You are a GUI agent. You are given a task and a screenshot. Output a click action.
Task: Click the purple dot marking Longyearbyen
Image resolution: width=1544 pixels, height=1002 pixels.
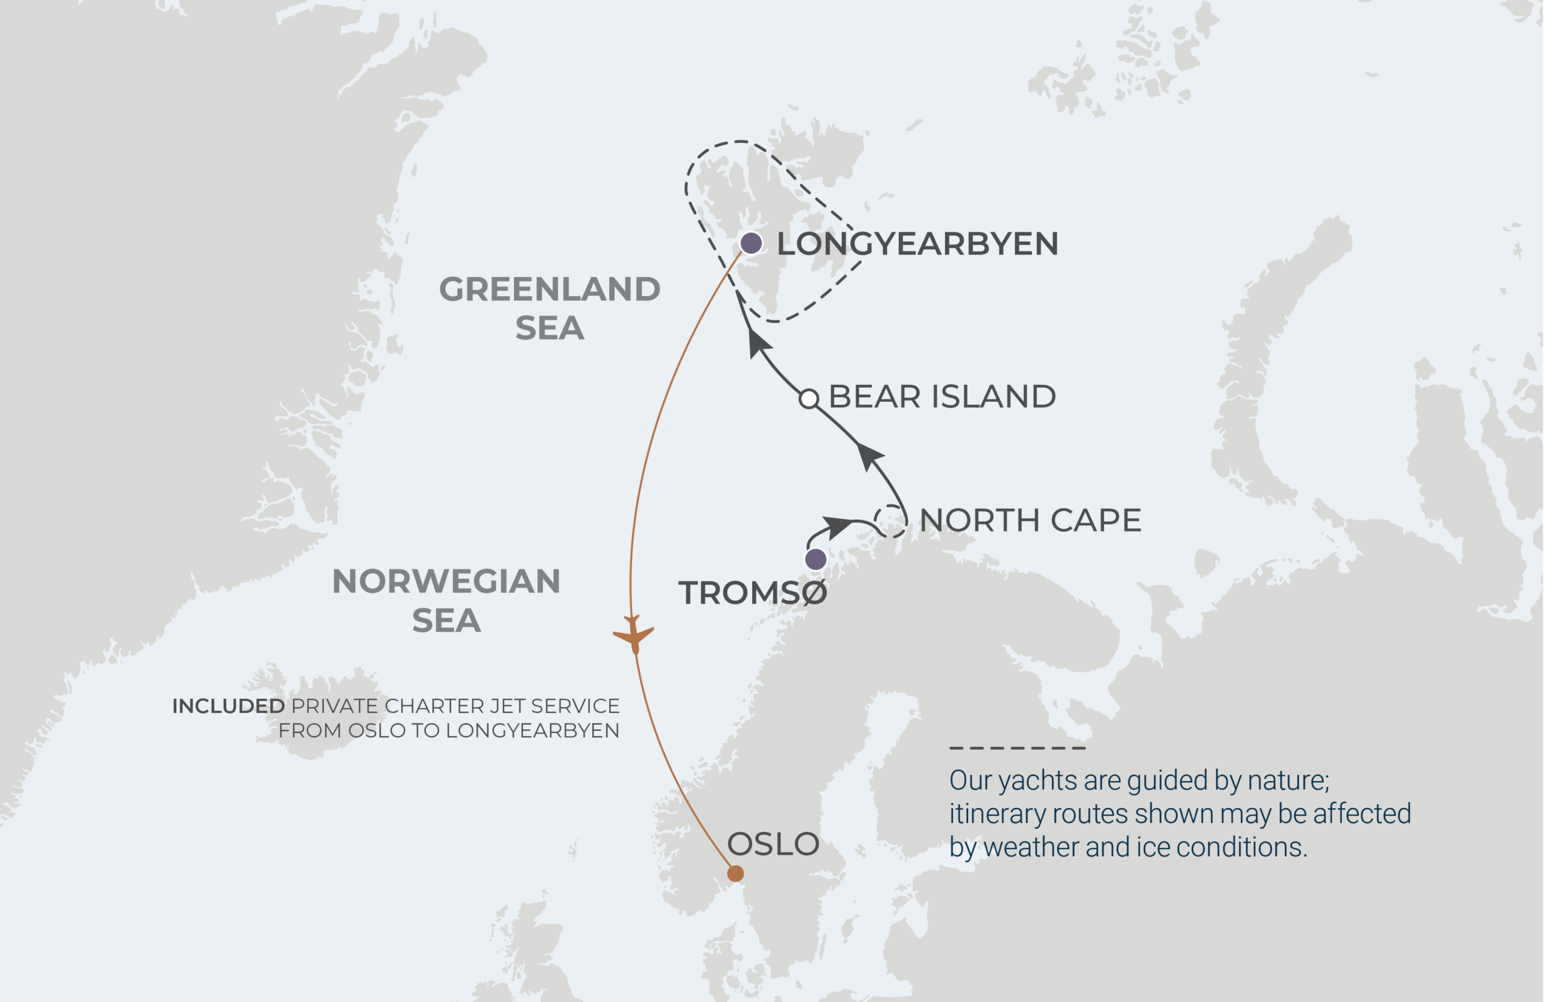(x=751, y=243)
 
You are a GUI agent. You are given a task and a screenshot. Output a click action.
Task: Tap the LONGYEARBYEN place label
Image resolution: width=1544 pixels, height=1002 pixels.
(x=917, y=244)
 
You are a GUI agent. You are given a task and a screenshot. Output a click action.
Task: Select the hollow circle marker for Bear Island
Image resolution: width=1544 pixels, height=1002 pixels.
(x=808, y=399)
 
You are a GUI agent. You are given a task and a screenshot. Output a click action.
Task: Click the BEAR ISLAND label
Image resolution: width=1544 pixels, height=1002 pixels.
(x=942, y=396)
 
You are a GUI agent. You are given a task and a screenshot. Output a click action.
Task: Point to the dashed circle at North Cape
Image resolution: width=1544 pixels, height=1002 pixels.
(x=891, y=521)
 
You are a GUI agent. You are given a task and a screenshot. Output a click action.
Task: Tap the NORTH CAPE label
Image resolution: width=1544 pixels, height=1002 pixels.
(x=1030, y=521)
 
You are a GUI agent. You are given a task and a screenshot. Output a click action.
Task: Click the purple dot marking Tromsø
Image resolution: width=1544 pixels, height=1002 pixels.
(x=815, y=559)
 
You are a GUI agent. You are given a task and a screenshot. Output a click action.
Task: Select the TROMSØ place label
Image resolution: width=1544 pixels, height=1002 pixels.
(x=753, y=593)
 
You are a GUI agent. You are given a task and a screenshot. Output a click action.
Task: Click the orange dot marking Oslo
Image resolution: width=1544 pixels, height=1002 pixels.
(x=735, y=874)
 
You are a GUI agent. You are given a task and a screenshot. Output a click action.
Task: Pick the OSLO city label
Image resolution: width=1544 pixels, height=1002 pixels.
(x=773, y=845)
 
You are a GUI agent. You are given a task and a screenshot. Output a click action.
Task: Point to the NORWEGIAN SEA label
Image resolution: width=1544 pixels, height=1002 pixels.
(x=446, y=600)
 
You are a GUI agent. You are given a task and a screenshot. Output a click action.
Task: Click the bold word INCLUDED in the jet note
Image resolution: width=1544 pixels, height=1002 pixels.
(x=229, y=706)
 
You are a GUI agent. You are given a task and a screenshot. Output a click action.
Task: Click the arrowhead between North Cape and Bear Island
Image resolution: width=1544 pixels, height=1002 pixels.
(x=869, y=455)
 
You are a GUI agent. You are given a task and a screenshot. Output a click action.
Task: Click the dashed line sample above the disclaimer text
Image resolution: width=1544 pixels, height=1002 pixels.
(x=1017, y=748)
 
